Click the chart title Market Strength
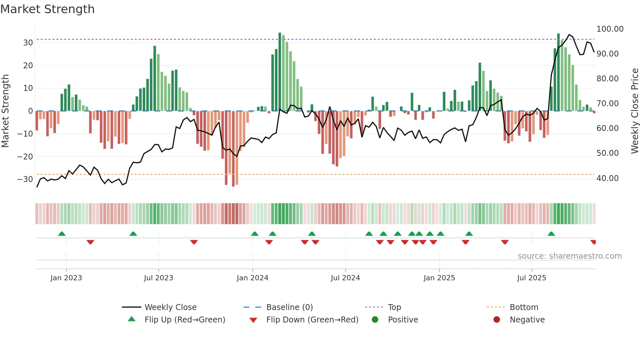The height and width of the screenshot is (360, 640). pyautogui.click(x=47, y=9)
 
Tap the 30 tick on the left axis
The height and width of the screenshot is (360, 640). pyautogui.click(x=28, y=43)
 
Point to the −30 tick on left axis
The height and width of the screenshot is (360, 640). pyautogui.click(x=25, y=179)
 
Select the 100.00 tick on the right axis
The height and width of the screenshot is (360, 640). pyautogui.click(x=610, y=29)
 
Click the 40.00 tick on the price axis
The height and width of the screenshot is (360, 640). pyautogui.click(x=607, y=178)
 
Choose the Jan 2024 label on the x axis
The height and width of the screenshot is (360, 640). pyautogui.click(x=252, y=278)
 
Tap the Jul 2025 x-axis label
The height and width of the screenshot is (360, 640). pyautogui.click(x=531, y=278)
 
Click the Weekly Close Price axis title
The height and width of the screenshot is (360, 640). pyautogui.click(x=634, y=111)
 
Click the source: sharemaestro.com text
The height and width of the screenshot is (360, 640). pyautogui.click(x=569, y=256)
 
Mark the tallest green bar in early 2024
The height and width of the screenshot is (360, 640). pyautogui.click(x=280, y=72)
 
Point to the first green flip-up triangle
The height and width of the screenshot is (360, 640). pyautogui.click(x=62, y=234)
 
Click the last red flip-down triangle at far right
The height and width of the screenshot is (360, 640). pyautogui.click(x=593, y=242)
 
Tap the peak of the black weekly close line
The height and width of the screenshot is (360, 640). pyautogui.click(x=569, y=35)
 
